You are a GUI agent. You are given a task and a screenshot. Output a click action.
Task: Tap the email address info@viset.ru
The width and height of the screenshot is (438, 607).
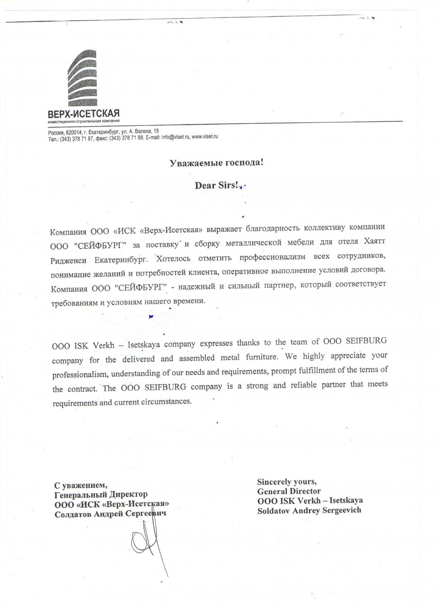click(x=175, y=137)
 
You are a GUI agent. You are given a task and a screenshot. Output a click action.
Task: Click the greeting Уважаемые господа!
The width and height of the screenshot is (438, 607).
click(x=216, y=163)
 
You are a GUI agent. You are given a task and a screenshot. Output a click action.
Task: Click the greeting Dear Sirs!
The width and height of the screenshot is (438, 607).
click(x=217, y=185)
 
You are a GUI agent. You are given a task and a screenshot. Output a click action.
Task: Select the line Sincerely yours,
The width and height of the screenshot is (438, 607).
click(x=287, y=482)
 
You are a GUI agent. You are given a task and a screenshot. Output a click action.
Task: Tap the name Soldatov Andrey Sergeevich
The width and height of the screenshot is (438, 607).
click(x=309, y=510)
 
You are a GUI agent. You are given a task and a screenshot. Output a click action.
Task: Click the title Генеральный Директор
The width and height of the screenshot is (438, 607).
click(x=101, y=494)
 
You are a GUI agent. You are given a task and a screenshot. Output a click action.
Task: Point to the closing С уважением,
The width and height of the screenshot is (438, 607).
click(x=81, y=485)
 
